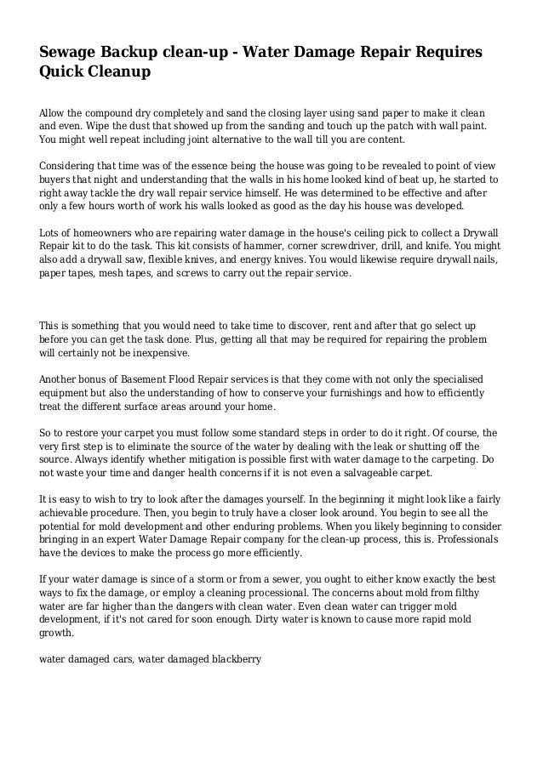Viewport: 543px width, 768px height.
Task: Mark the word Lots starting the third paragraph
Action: pyautogui.click(x=52, y=231)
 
